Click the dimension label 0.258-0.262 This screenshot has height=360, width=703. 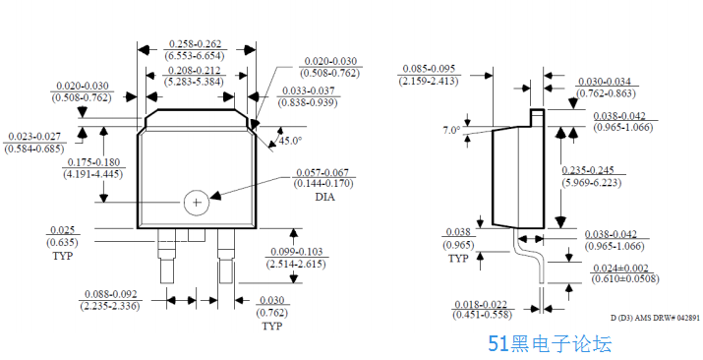195,44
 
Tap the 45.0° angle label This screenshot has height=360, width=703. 290,141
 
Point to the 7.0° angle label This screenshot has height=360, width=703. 451,131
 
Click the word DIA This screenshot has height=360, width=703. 325,197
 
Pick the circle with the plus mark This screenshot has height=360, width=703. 197,203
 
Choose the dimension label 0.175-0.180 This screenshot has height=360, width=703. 93,162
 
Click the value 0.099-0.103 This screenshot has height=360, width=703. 297,252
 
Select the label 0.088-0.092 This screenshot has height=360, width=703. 111,294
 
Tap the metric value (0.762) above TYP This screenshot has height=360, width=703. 272,313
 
